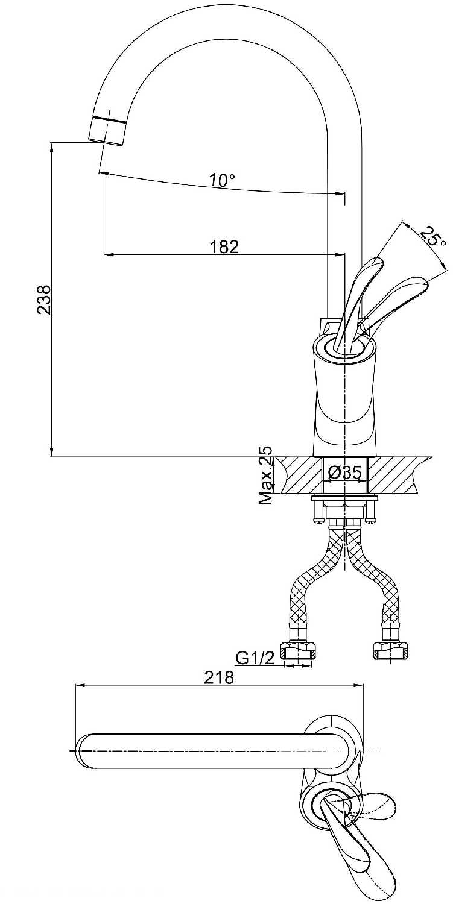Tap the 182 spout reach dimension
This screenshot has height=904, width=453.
(224, 246)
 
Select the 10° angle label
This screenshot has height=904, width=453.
(222, 180)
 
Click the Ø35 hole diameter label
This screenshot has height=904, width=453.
(344, 472)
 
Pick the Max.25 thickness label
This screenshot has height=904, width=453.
(266, 475)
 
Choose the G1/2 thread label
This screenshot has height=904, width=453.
(255, 658)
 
